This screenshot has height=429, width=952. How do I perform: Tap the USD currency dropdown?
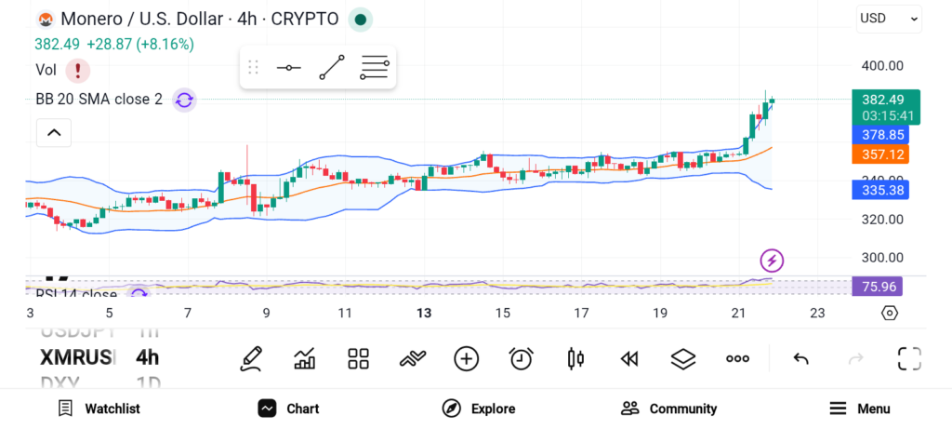pyautogui.click(x=889, y=18)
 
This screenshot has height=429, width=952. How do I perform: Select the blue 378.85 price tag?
pyautogui.click(x=884, y=135)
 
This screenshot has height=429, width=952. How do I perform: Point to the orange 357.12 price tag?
pyautogui.click(x=884, y=154)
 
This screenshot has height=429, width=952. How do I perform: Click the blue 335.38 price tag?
pyautogui.click(x=884, y=190)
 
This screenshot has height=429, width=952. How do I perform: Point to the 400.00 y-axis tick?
pyautogui.click(x=882, y=66)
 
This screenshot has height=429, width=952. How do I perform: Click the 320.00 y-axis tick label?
pyautogui.click(x=882, y=220)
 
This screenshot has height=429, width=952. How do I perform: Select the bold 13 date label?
pyautogui.click(x=424, y=314)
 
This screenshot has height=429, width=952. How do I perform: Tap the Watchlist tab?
pyautogui.click(x=99, y=409)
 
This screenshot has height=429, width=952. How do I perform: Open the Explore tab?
pyautogui.click(x=479, y=409)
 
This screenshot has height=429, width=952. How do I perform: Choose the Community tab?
pyautogui.click(x=669, y=409)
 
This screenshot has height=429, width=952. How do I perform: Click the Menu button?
pyautogui.click(x=860, y=409)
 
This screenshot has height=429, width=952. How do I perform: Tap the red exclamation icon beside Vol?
pyautogui.click(x=78, y=70)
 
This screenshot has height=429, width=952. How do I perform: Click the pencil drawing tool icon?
pyautogui.click(x=250, y=358)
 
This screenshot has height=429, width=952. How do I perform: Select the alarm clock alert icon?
pyautogui.click(x=522, y=358)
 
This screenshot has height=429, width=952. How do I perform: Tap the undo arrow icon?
pyautogui.click(x=800, y=358)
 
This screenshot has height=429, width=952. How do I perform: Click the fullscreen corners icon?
pyautogui.click(x=909, y=358)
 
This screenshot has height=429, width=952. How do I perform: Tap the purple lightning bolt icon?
pyautogui.click(x=772, y=260)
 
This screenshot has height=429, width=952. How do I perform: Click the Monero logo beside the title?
pyautogui.click(x=44, y=19)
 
